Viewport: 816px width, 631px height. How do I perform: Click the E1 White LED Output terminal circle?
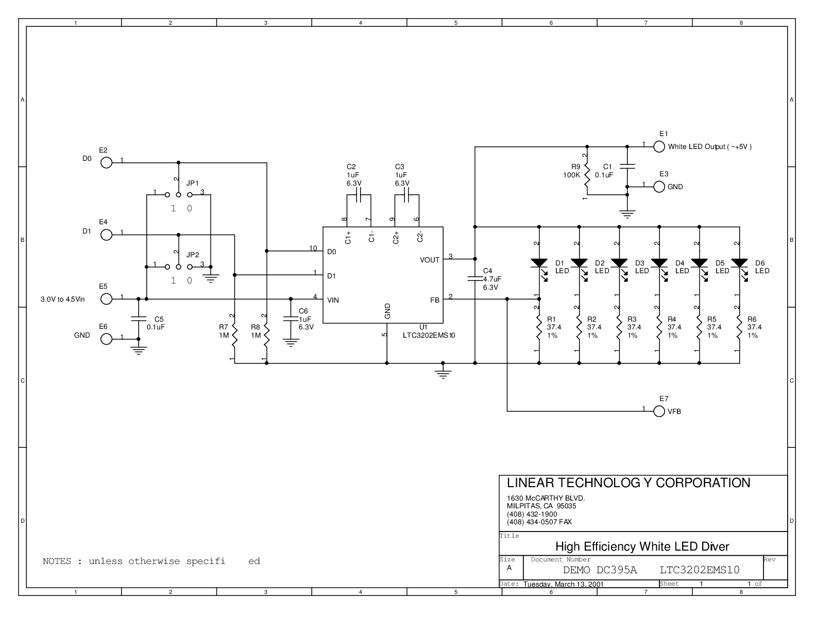click(659, 146)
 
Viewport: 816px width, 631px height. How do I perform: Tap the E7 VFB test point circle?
click(659, 411)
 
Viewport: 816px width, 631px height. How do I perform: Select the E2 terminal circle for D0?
click(106, 163)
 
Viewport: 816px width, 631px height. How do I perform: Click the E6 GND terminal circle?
click(106, 339)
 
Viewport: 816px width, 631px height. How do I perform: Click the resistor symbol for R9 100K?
click(587, 175)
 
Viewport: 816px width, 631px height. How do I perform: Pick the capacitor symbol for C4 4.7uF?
click(475, 278)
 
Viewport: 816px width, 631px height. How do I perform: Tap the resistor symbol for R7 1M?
click(234, 335)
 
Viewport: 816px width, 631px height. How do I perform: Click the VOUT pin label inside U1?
click(429, 260)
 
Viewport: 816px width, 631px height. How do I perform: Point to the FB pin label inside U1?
click(434, 300)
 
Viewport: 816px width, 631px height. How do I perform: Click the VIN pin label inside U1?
click(333, 300)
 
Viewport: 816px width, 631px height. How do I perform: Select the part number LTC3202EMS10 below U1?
click(429, 335)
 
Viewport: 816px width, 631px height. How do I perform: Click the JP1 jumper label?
click(193, 183)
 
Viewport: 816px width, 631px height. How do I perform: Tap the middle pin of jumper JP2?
click(179, 267)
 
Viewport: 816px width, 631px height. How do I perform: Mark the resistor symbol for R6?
click(739, 327)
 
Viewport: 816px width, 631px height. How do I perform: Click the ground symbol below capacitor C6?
click(291, 343)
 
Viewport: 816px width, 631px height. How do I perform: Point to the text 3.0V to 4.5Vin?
click(63, 300)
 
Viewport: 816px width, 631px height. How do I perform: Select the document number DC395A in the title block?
click(617, 570)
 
